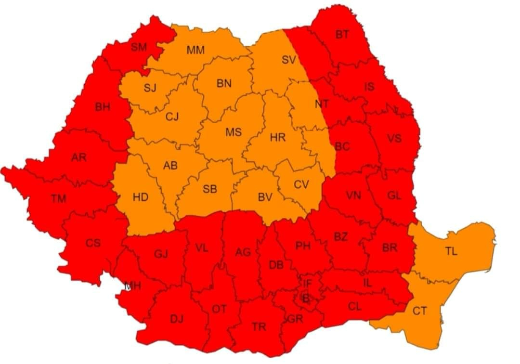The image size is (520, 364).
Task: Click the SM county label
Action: [x=139, y=47]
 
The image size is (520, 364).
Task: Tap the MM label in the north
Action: [x=195, y=50]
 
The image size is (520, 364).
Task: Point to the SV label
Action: [x=288, y=60]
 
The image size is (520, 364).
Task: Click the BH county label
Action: [x=102, y=107]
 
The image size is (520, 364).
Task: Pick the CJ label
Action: [x=172, y=116]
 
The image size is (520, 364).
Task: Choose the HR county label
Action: [x=278, y=138]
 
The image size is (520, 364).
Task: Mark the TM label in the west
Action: [x=58, y=197]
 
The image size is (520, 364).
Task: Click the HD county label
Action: [x=140, y=197]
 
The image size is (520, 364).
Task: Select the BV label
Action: [x=265, y=196]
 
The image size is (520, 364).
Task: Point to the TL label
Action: [x=451, y=251]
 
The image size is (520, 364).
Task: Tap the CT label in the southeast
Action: [x=419, y=311]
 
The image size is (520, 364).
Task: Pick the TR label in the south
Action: [x=259, y=327]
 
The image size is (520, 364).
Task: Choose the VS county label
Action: [x=394, y=139]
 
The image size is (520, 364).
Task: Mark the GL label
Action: [x=394, y=195]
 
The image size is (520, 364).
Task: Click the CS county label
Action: [x=93, y=243]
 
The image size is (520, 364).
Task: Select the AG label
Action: [x=243, y=252]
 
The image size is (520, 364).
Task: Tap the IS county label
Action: [x=369, y=87]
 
